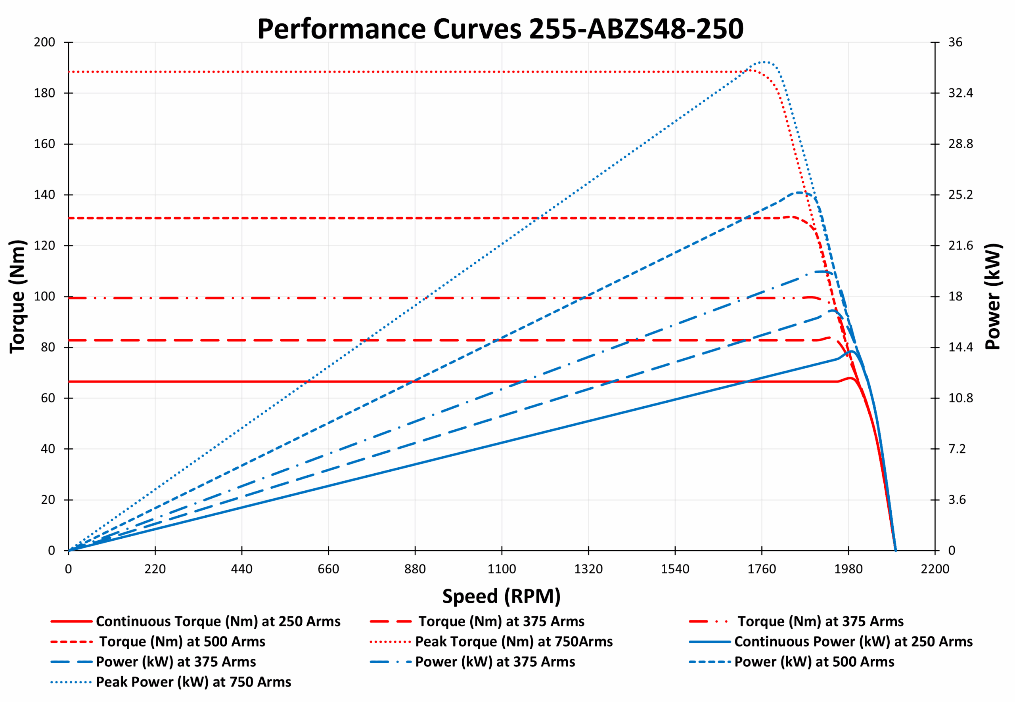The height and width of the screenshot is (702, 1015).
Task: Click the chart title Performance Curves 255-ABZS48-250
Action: (x=500, y=29)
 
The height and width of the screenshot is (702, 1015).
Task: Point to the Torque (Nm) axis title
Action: (x=17, y=296)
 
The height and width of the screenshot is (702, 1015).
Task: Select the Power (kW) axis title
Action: (x=994, y=296)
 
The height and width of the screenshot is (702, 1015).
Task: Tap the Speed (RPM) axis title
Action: (x=501, y=597)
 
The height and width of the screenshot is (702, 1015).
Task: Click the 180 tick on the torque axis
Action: (x=44, y=93)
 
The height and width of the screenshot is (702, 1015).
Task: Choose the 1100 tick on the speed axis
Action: (x=502, y=569)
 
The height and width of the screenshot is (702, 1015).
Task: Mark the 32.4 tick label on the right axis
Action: (x=960, y=93)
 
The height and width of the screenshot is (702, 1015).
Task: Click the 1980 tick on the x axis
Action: (x=848, y=569)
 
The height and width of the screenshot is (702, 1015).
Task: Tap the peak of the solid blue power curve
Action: (x=852, y=352)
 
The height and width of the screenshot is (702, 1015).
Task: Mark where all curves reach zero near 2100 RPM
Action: (x=895, y=550)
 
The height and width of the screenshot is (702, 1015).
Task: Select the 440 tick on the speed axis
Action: (x=241, y=569)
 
